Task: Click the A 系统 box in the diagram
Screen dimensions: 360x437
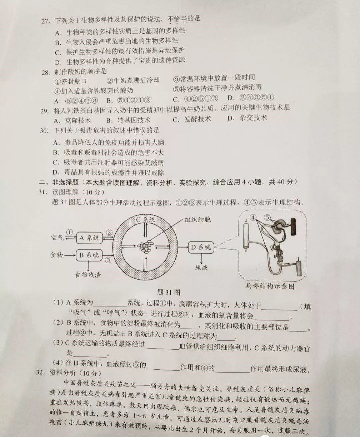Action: pos(90,238)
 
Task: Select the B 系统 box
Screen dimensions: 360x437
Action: pos(89,255)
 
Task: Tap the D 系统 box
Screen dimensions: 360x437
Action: pos(201,248)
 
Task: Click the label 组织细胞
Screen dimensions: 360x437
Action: pos(197,220)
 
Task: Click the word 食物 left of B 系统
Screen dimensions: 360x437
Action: pos(56,255)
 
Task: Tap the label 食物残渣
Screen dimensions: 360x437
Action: pos(88,275)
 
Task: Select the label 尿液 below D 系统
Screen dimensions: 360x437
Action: pos(201,268)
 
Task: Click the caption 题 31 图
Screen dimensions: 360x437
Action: pos(169,292)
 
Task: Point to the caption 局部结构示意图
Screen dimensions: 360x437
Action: pos(270,286)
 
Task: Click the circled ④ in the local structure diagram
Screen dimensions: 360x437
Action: pos(253,217)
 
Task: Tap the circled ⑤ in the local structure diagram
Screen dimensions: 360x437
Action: pos(267,217)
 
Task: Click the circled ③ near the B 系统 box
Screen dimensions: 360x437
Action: pos(108,260)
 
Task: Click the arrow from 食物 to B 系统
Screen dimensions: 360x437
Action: pos(70,255)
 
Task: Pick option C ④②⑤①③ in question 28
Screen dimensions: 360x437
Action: pos(195,99)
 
